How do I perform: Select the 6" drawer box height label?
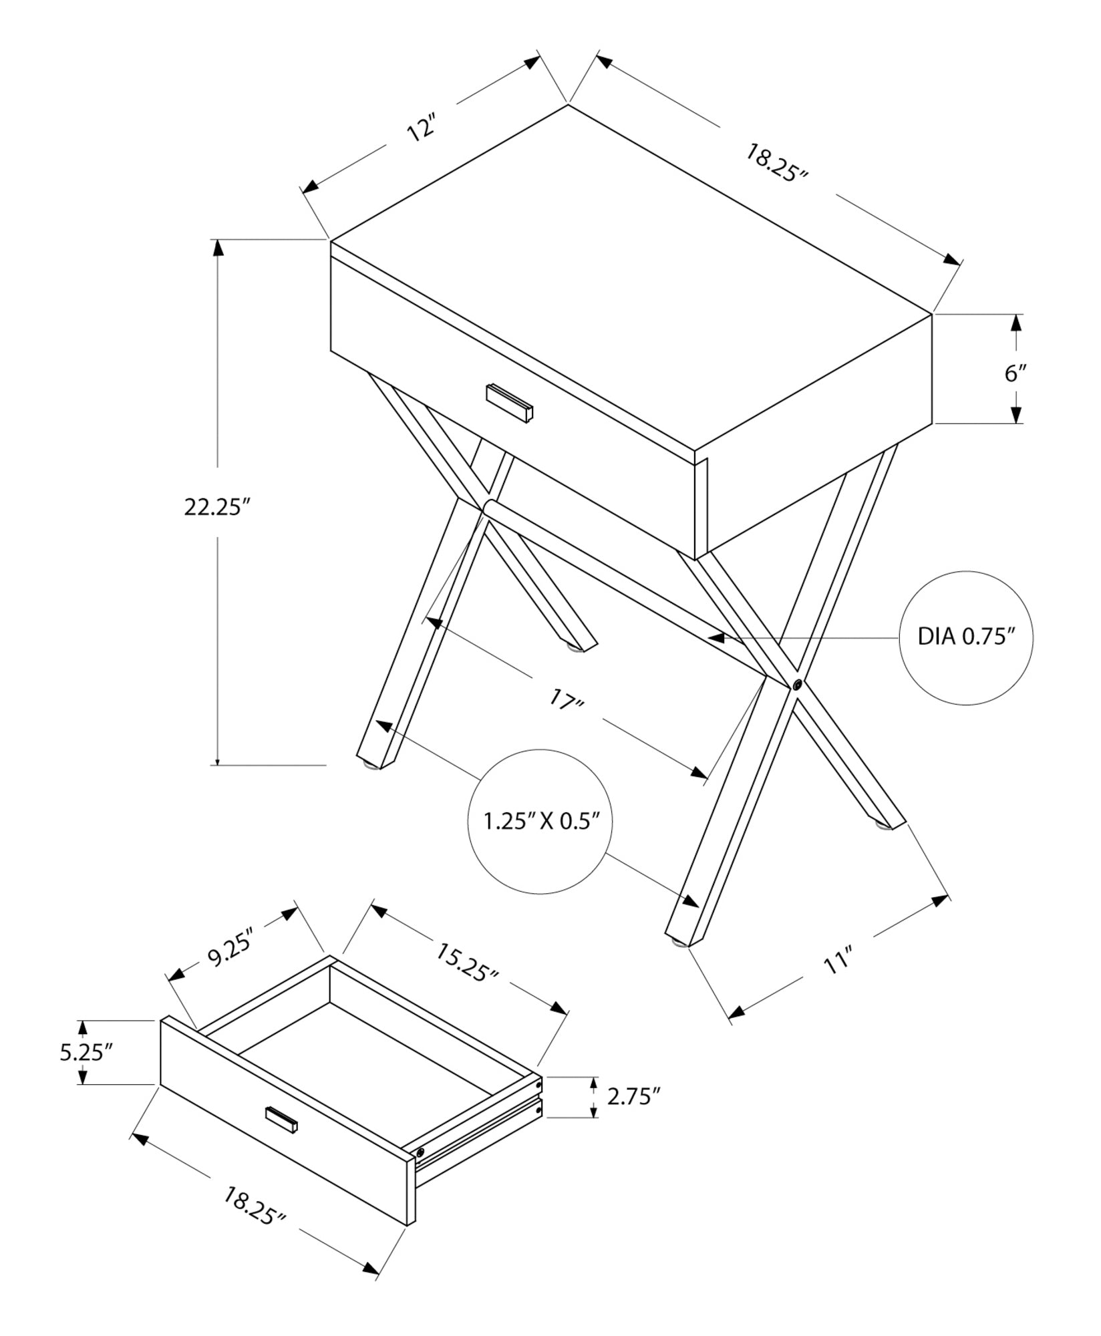[1015, 372]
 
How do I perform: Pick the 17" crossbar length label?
[567, 701]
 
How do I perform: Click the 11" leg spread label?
[835, 963]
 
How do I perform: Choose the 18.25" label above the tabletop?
[777, 162]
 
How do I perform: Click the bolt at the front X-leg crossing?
[797, 684]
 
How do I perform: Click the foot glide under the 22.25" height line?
[367, 766]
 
